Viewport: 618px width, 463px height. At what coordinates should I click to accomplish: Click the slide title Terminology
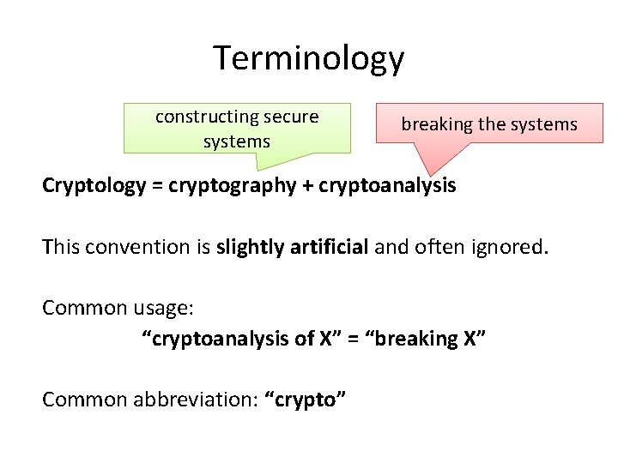pyautogui.click(x=308, y=58)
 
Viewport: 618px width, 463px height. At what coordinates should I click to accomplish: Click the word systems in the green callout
pyautogui.click(x=237, y=141)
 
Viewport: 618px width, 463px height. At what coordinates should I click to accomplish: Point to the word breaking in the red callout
pyautogui.click(x=437, y=124)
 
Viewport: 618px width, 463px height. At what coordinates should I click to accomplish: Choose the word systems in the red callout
pyautogui.click(x=544, y=124)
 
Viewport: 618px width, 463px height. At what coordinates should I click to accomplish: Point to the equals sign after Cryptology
pyautogui.click(x=157, y=185)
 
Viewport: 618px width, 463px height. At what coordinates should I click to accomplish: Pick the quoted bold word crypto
pyautogui.click(x=306, y=399)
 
